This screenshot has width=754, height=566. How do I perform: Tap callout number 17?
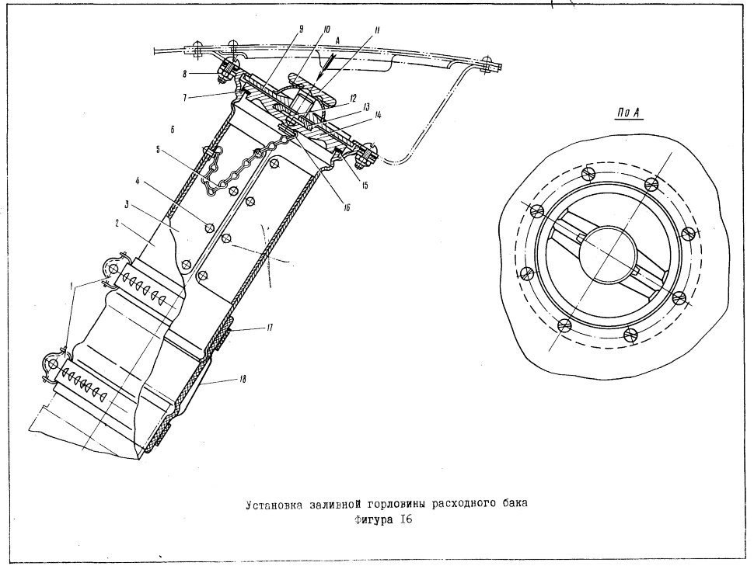[x=269, y=328]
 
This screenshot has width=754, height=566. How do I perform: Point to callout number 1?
[x=72, y=286]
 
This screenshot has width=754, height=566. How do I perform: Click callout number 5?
[x=158, y=149]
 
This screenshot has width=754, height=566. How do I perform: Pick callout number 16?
[x=347, y=207]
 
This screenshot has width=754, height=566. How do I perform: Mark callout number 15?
[x=365, y=185]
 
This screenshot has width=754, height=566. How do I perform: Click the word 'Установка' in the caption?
[x=274, y=505]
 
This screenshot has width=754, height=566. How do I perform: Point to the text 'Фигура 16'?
[x=383, y=520]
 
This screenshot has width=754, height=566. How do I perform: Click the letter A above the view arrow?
[x=337, y=42]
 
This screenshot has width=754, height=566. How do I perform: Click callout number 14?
[x=378, y=115]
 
